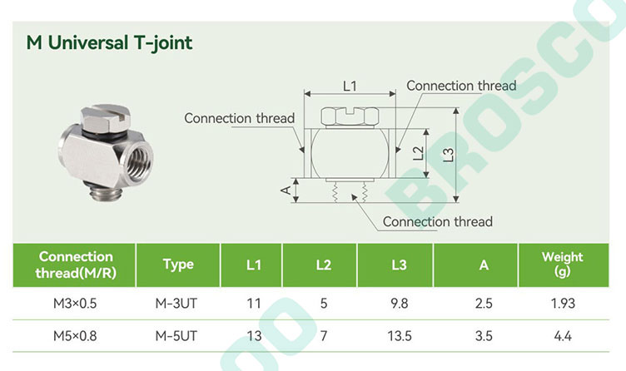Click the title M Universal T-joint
point(109,42)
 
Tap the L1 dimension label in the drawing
point(350,86)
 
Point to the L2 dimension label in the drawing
point(418,153)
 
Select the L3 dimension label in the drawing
point(449,155)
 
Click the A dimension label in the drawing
point(286,190)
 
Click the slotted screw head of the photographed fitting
point(106,118)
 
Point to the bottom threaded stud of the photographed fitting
point(104,192)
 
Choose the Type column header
point(178,265)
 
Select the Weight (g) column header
point(563,264)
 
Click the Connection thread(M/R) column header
point(76,265)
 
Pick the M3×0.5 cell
point(75,304)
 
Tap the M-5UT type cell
point(176,336)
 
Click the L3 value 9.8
point(400,304)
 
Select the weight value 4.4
point(563,336)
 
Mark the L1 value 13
point(254,336)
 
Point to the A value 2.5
point(484,304)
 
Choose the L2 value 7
point(324,336)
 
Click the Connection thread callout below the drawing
point(438,221)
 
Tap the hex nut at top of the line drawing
point(350,116)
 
